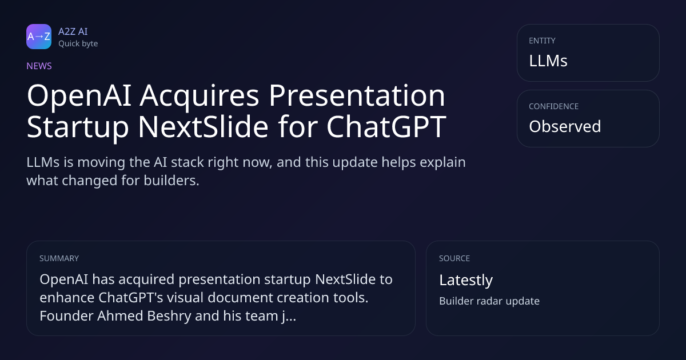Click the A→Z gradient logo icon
point(39,37)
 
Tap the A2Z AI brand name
point(73,31)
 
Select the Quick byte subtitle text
point(78,44)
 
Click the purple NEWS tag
point(39,66)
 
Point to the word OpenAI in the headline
point(79,96)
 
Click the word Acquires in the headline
point(200,97)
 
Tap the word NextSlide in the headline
point(204,126)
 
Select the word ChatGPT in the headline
point(386,126)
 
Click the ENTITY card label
point(542,41)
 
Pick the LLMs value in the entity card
point(548,61)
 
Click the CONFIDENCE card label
point(554,106)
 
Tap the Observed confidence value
point(565,126)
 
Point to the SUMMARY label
point(59,258)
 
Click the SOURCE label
point(454,258)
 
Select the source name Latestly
point(466,280)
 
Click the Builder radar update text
point(489,301)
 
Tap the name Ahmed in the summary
point(120,315)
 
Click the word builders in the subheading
point(171,181)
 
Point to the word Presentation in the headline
point(357,95)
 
